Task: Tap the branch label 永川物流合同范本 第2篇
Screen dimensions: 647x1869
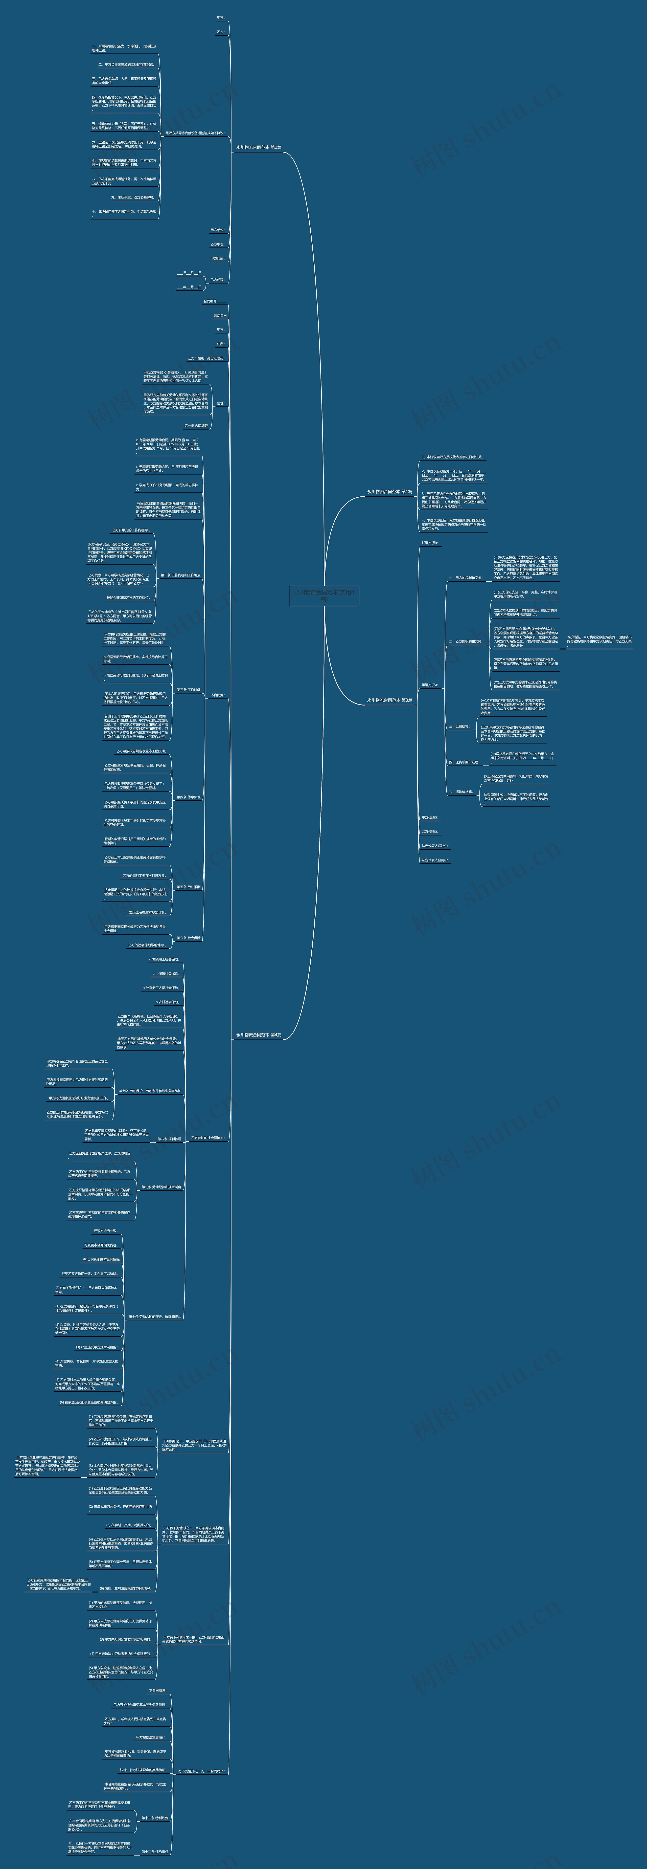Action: (258, 147)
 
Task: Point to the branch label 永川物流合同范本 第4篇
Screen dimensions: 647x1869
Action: (258, 1035)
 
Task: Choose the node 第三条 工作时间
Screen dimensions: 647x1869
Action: (189, 690)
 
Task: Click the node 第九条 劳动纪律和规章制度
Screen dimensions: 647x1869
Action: (161, 1187)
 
